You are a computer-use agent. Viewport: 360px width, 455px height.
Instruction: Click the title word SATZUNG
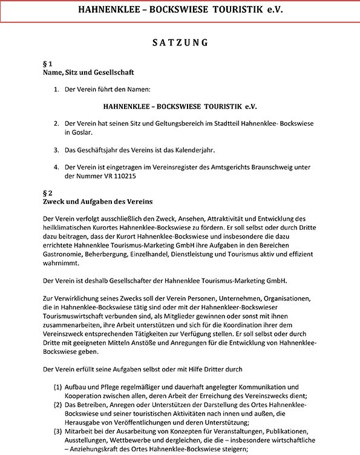[180, 43]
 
